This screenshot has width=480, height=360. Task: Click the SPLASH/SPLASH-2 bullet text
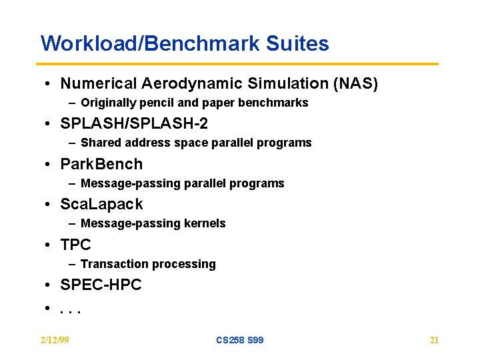tap(134, 124)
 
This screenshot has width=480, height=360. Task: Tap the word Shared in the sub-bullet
tap(99, 143)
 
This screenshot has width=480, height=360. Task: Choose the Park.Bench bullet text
tap(101, 164)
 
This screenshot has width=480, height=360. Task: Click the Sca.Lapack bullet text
tap(101, 204)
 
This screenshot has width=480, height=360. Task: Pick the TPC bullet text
tap(75, 245)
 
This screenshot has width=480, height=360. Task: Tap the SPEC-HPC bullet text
tap(101, 285)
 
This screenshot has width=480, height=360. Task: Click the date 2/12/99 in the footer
tap(55, 340)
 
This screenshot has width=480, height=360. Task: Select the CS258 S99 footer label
tap(239, 340)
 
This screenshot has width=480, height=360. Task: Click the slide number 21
tap(434, 340)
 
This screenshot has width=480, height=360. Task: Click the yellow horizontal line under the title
tap(239, 64)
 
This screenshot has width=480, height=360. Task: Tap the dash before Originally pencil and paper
tap(71, 103)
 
